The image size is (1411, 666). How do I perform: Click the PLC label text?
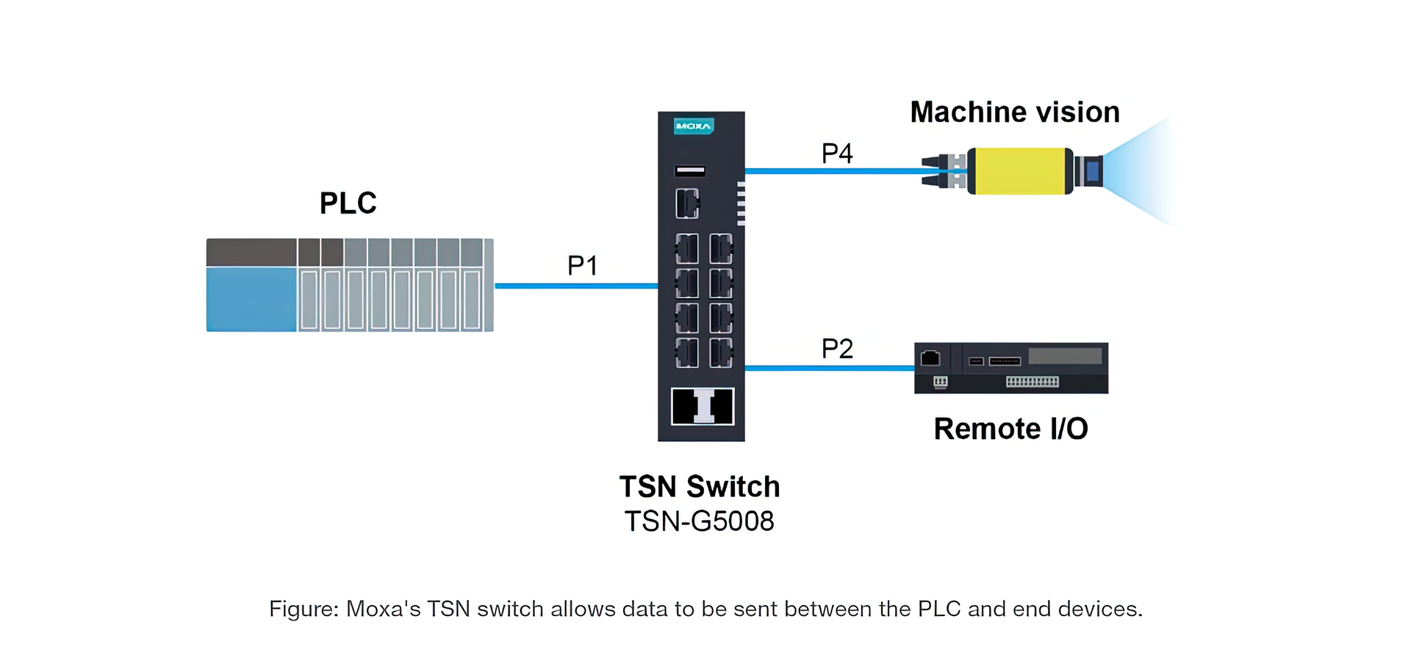pos(348,203)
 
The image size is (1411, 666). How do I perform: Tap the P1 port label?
pos(582,265)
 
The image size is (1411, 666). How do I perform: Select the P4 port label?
pos(836,153)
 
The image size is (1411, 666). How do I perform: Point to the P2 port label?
pos(836,348)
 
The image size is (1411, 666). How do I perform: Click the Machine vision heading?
pos(1014,112)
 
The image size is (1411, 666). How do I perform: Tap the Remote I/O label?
pos(1010,429)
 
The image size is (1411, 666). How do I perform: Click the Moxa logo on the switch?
pos(693,126)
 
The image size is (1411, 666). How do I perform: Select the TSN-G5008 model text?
pos(699,521)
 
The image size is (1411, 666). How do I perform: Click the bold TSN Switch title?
pos(699,487)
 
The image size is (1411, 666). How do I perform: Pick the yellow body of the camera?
pos(1019,171)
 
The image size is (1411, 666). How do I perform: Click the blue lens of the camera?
pos(1092,171)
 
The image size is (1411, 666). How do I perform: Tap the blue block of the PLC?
pos(251,299)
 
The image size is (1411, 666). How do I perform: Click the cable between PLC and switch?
pos(576,286)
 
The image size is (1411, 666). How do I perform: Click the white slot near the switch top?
pos(690,171)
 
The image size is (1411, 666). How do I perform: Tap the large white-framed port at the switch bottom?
pos(703,407)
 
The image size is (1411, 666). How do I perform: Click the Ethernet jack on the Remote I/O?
pos(930,358)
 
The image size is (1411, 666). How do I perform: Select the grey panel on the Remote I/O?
pos(1065,356)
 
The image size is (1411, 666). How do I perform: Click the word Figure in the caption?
pos(302,609)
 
